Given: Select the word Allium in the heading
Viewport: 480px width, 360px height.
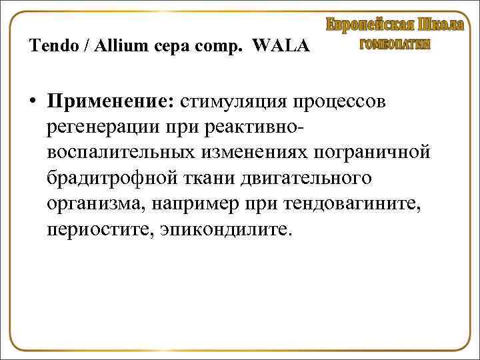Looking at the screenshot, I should tap(116, 47).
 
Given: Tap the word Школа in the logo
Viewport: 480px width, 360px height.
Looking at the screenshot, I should tap(441, 25).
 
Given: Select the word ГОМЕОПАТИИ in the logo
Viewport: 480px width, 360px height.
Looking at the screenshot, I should tap(395, 44).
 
